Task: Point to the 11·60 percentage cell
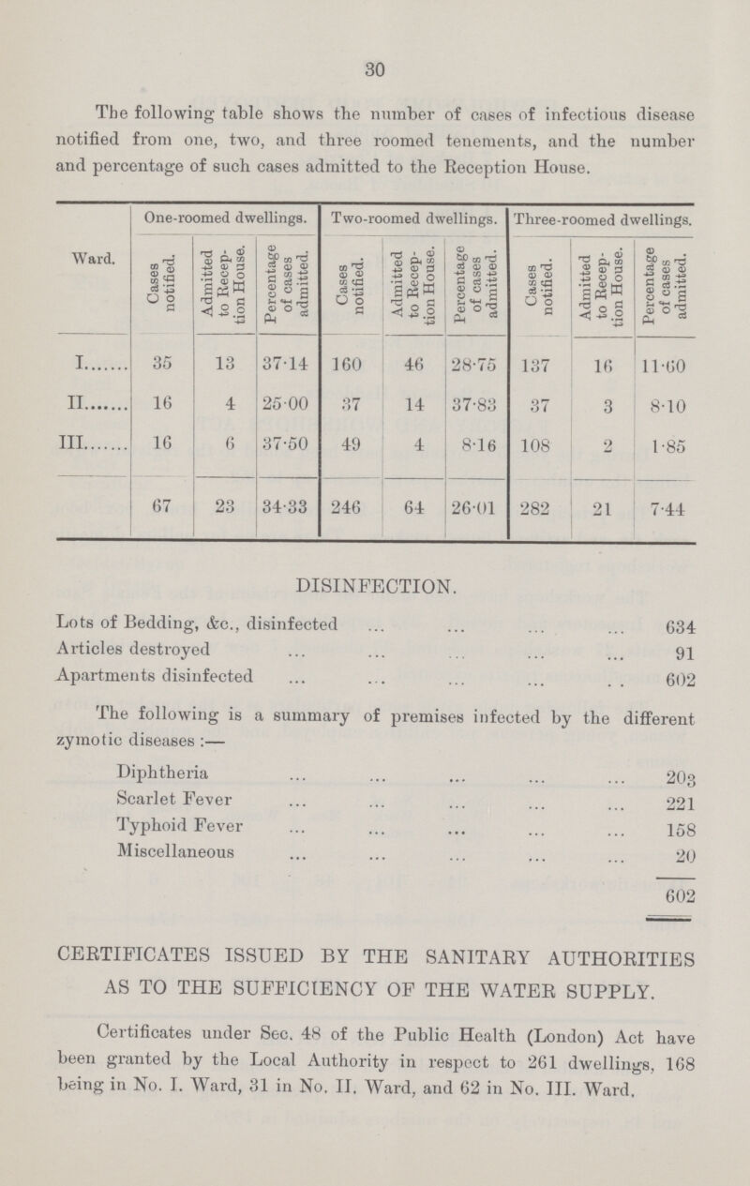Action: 662,363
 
